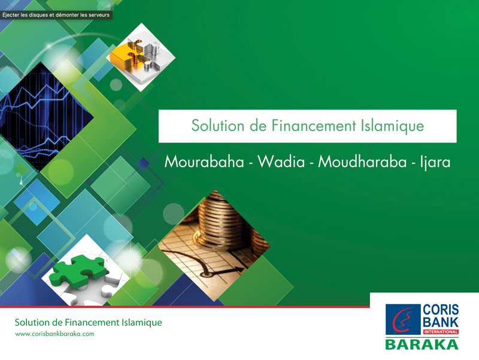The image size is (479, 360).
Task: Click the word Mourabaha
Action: coord(204,161)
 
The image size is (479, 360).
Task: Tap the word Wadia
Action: coord(281,161)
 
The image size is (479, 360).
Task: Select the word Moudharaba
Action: coord(362,161)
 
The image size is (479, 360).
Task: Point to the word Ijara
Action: coord(435,162)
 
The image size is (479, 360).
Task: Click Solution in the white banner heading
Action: coord(218,126)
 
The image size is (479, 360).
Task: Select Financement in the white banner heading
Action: coord(314,126)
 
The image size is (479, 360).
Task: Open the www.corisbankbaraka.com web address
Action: coord(54,334)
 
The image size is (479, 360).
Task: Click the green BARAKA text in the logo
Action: coord(422,344)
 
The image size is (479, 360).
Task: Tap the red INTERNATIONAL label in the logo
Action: coord(441,332)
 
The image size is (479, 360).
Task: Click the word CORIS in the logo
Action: coord(441,310)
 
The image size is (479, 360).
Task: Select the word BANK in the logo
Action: coord(441,322)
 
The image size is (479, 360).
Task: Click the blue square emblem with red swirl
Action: coord(403,319)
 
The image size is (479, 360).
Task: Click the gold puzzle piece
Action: coord(127,55)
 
